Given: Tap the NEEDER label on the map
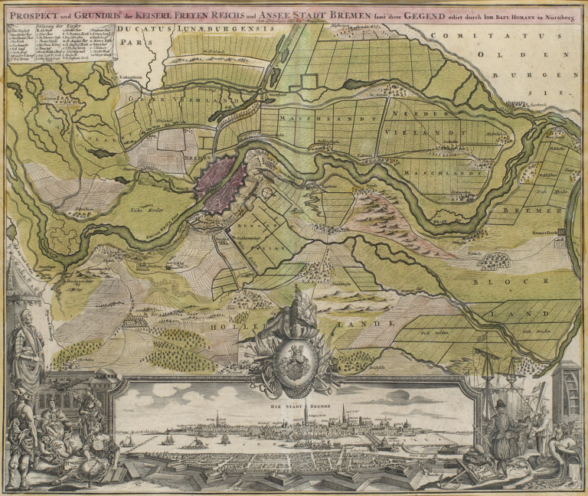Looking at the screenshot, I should [413, 113].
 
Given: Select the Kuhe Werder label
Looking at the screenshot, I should [145, 207].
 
